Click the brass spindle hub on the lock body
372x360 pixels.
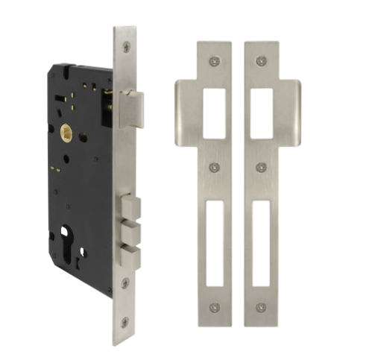66,134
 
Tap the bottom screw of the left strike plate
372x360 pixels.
215,306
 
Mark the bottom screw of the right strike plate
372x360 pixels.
260,306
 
